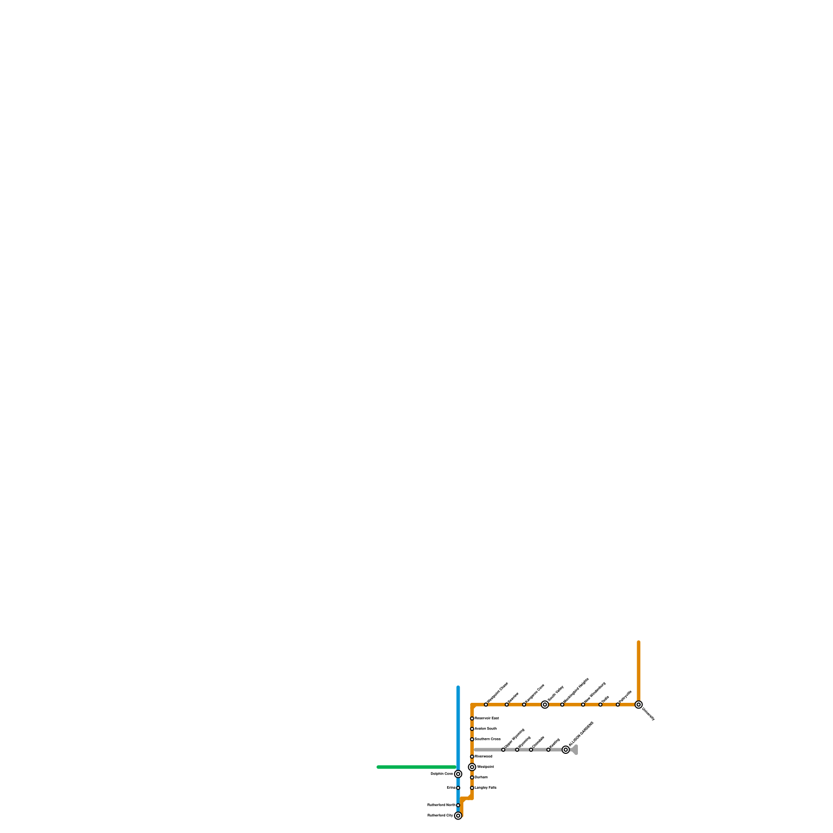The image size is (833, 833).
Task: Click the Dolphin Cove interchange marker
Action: [458, 774]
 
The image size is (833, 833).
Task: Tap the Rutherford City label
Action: [440, 816]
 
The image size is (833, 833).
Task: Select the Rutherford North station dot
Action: [458, 805]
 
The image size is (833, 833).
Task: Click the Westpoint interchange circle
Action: [472, 767]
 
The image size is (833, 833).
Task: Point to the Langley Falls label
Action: [486, 788]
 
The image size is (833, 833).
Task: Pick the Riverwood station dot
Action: [472, 756]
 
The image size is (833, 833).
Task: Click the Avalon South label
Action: [486, 729]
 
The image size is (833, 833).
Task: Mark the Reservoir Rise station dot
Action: [472, 718]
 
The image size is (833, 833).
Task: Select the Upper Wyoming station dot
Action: [503, 750]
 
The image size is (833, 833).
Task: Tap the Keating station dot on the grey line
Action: [548, 750]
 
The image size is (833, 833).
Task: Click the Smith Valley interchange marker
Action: [545, 704]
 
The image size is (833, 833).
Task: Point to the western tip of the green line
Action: [378, 767]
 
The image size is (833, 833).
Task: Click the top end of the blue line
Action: [458, 688]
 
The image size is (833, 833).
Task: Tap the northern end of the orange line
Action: [639, 642]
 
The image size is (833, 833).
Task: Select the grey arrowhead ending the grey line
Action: [575, 750]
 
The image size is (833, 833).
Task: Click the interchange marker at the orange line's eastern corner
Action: [639, 704]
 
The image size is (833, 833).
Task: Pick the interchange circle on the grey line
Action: [566, 750]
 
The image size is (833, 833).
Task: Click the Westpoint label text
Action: [486, 767]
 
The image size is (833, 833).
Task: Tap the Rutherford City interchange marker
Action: [458, 816]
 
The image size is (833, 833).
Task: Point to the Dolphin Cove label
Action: [442, 774]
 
